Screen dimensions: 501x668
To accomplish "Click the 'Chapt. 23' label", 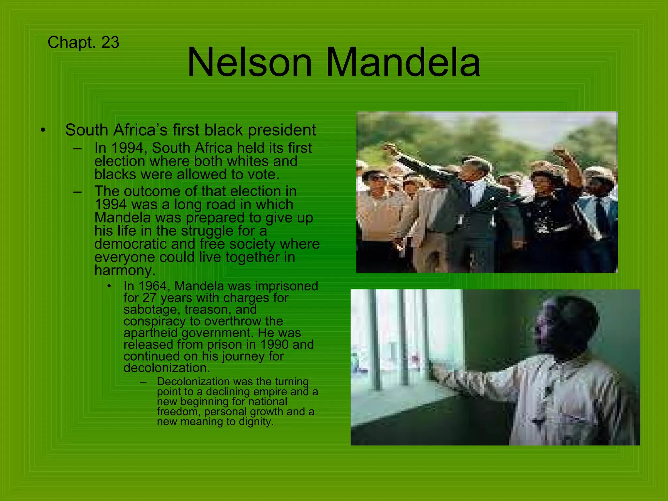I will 83,43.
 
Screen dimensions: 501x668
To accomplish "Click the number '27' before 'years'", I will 150,298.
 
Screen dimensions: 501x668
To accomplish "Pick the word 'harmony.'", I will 125,270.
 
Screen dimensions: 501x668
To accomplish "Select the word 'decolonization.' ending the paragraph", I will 167,368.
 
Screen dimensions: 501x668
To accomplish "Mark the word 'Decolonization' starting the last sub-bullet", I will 193,382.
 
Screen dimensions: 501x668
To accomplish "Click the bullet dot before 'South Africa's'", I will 43,130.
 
